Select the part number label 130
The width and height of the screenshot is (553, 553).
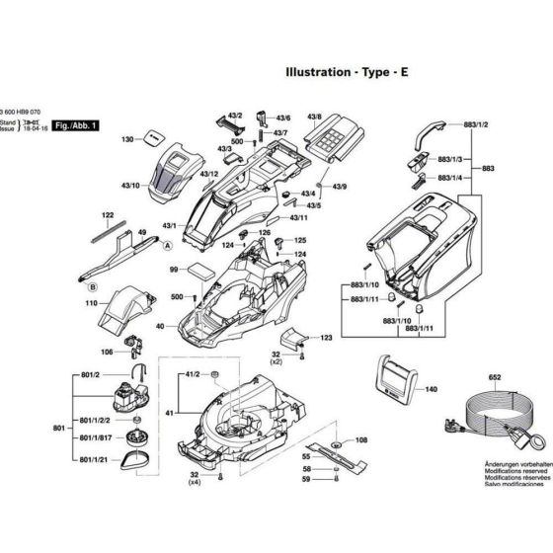(127, 141)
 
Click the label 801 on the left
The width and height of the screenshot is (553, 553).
(58, 428)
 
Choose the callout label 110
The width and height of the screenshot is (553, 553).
(91, 305)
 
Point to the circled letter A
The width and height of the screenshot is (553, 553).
(168, 243)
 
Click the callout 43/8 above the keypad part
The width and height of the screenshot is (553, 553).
(315, 117)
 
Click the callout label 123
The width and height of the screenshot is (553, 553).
(325, 338)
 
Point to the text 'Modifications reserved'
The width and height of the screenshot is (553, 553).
(514, 527)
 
